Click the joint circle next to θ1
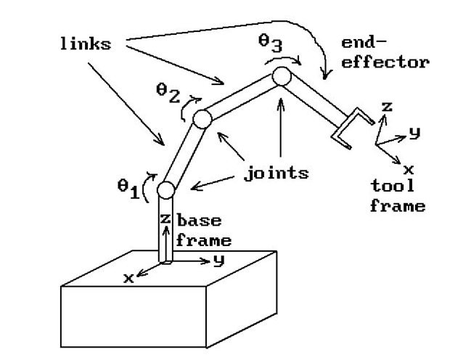(165, 191)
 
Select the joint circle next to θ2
(201, 118)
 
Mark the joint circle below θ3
(281, 75)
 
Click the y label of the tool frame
(414, 132)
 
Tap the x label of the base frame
(128, 277)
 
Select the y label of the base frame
(216, 259)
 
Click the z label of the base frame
(165, 218)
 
